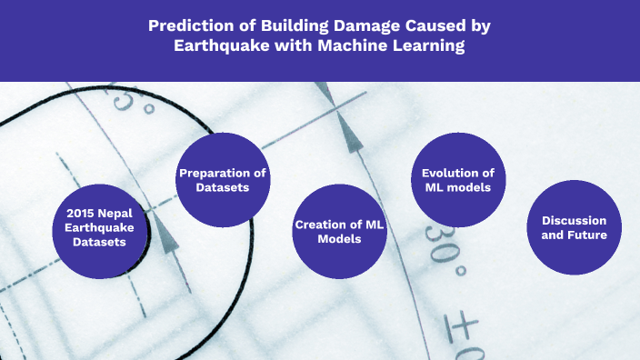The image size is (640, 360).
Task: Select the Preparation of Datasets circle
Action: tap(222, 179)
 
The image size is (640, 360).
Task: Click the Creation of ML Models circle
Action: tap(340, 231)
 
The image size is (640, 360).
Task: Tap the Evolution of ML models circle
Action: tap(458, 179)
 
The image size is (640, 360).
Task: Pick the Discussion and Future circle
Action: tap(574, 227)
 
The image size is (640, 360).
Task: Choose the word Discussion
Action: tap(574, 221)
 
